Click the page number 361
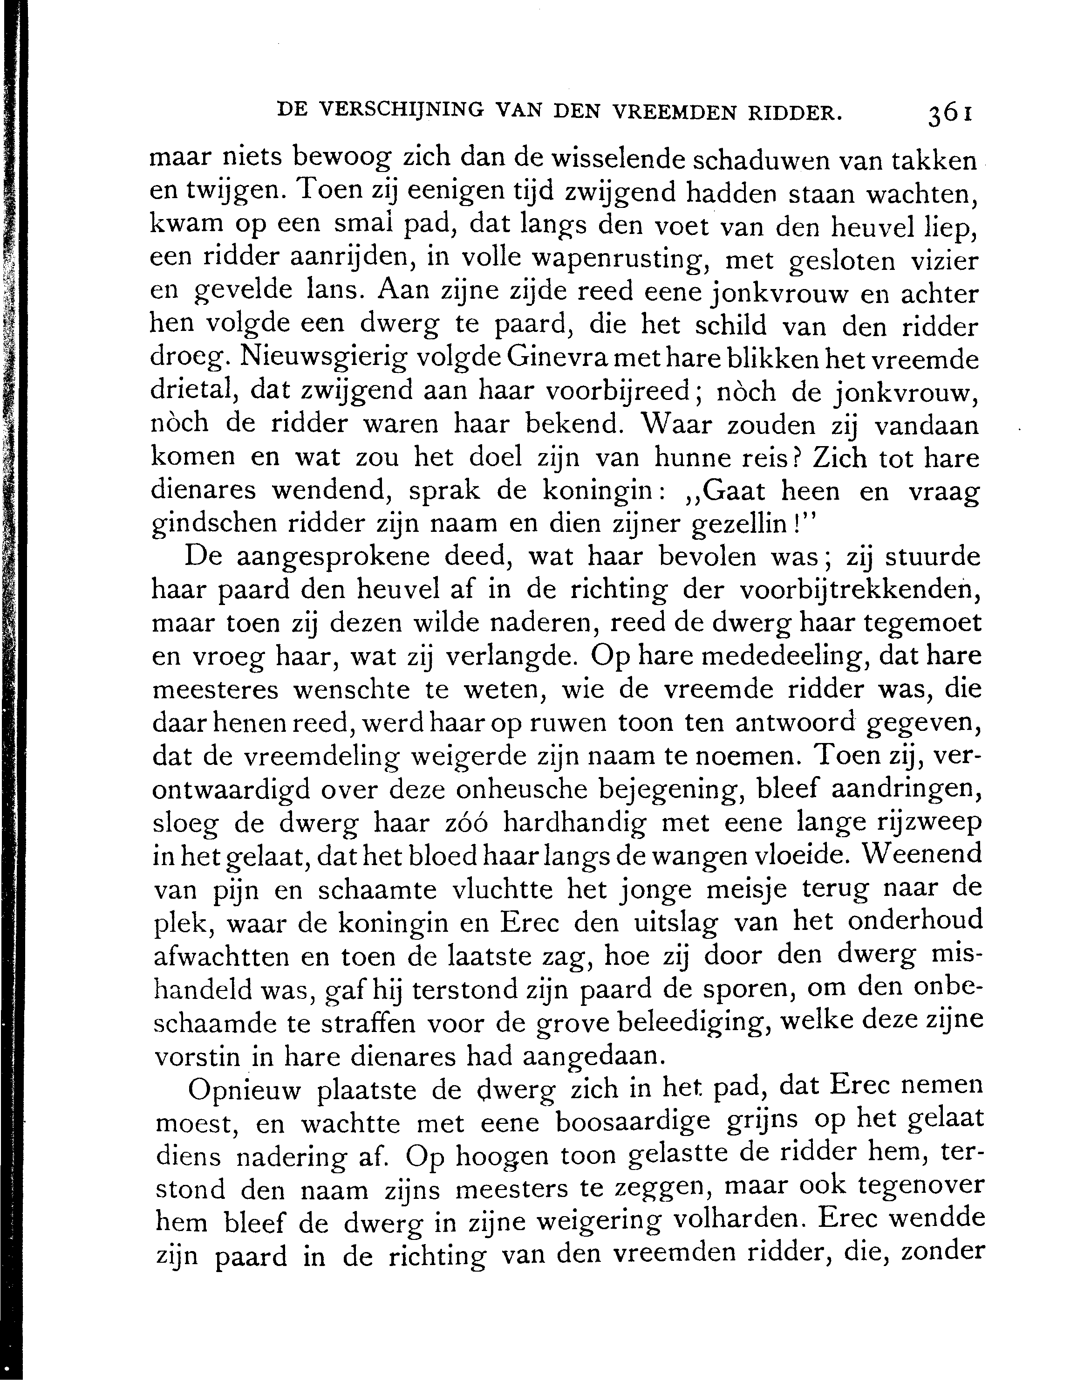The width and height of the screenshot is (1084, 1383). (x=950, y=114)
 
